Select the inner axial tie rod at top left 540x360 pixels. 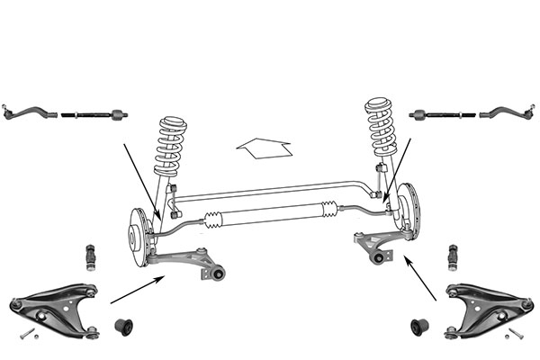click(93, 115)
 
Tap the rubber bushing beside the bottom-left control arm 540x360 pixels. click(125, 322)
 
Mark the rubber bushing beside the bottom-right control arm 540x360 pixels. click(418, 322)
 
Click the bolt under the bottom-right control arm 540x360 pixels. click(514, 335)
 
